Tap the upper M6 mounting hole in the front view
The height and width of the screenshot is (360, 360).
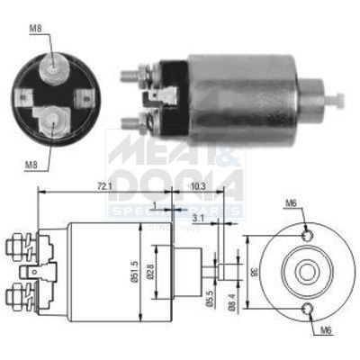[310, 235]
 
